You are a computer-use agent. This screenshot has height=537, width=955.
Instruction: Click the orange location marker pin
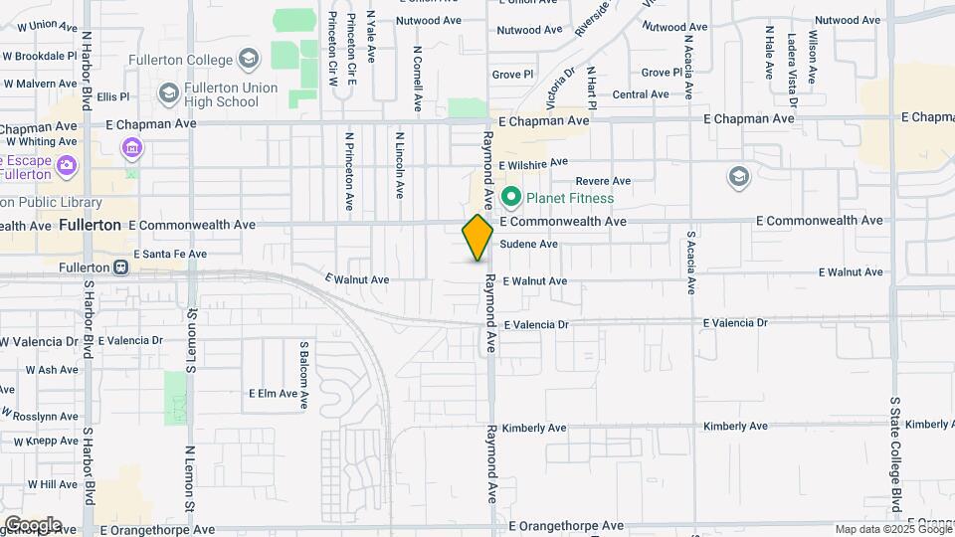click(x=477, y=238)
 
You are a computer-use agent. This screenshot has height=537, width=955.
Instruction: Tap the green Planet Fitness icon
click(x=512, y=197)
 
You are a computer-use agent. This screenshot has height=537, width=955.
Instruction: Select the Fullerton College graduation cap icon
click(x=250, y=60)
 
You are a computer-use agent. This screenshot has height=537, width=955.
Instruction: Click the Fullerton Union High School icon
click(x=168, y=94)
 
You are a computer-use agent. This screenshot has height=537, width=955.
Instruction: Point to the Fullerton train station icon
click(x=121, y=268)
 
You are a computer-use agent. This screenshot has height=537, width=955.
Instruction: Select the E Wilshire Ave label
click(x=533, y=163)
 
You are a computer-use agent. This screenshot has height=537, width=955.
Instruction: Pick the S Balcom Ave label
click(x=304, y=376)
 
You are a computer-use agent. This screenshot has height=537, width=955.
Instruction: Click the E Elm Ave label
click(x=274, y=393)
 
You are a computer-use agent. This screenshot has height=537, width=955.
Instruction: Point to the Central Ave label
click(x=641, y=94)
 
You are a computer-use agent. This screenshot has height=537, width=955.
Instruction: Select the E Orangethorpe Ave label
click(x=566, y=525)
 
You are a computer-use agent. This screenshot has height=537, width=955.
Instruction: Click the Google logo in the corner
click(x=33, y=524)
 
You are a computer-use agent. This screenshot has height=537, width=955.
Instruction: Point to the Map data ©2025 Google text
click(x=892, y=529)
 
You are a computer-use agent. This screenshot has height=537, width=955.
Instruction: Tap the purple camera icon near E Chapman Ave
click(x=131, y=149)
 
